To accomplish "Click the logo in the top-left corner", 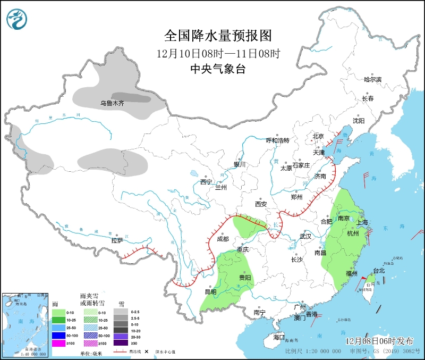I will pos(17,20).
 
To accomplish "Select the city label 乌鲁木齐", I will pos(112,103).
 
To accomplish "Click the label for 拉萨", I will pos(117,240).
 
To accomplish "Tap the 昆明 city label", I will pos(210,291).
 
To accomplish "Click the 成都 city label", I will pos(223,239).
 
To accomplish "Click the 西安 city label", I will pos(260,204).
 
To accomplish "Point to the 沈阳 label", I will pos(359,121).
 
